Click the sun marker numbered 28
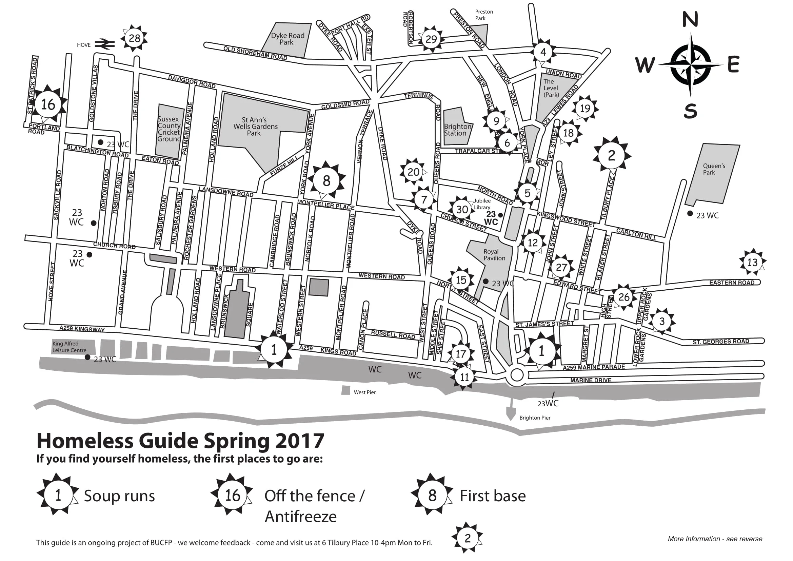pos(134,38)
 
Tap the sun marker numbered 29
pos(431,39)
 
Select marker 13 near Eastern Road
pos(752,263)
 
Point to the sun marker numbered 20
pos(413,172)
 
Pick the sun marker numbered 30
pos(462,209)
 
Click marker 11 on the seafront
pos(464,377)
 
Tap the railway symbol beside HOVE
pos(105,44)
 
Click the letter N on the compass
pos(690,19)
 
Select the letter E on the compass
pos(733,64)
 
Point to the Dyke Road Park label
pos(288,39)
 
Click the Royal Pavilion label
pos(494,255)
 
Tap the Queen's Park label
pos(714,169)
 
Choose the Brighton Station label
pos(457,130)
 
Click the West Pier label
pos(364,392)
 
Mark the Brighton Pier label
pos(535,418)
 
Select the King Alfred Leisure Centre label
pos(70,347)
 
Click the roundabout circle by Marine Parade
pos(517,375)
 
